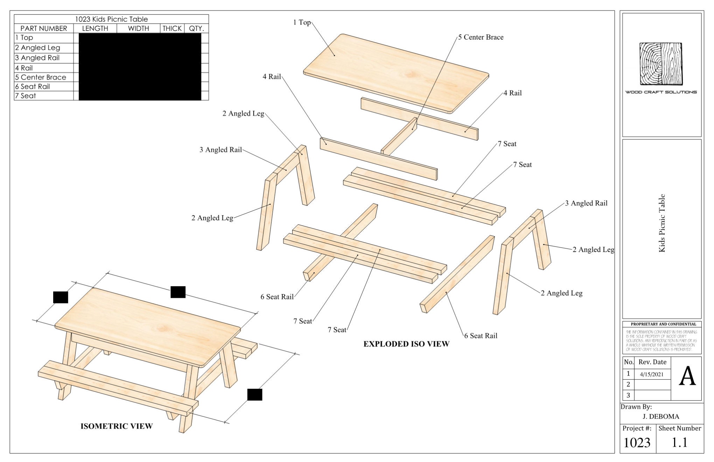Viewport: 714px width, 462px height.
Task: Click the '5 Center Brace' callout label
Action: click(481, 37)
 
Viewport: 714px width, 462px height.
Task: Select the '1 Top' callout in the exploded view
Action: click(302, 22)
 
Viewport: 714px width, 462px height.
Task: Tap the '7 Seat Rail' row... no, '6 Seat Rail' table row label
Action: click(32, 86)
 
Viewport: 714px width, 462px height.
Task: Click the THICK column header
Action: click(172, 28)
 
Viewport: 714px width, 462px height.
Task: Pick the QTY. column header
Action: click(196, 28)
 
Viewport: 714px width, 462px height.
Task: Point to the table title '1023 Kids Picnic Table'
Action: click(111, 19)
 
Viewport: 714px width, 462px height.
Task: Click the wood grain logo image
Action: click(661, 64)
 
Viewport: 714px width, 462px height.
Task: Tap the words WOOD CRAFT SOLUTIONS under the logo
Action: click(661, 92)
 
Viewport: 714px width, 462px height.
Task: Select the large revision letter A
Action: click(687, 377)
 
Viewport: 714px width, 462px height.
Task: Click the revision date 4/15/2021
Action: click(651, 374)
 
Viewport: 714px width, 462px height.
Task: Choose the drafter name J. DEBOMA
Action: click(661, 416)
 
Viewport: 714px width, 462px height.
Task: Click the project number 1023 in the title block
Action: click(637, 443)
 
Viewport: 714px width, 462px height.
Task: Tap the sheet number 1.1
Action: click(679, 442)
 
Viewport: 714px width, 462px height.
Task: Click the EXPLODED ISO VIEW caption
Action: click(406, 344)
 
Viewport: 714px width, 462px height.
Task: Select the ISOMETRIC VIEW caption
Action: click(117, 426)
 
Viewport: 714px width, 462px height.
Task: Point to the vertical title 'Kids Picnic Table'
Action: click(661, 223)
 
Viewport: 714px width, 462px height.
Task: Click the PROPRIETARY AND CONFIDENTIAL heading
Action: click(663, 324)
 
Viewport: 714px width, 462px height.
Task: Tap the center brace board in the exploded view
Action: click(399, 136)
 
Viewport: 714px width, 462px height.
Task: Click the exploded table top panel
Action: click(395, 73)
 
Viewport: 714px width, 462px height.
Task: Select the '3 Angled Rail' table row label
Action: click(37, 58)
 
